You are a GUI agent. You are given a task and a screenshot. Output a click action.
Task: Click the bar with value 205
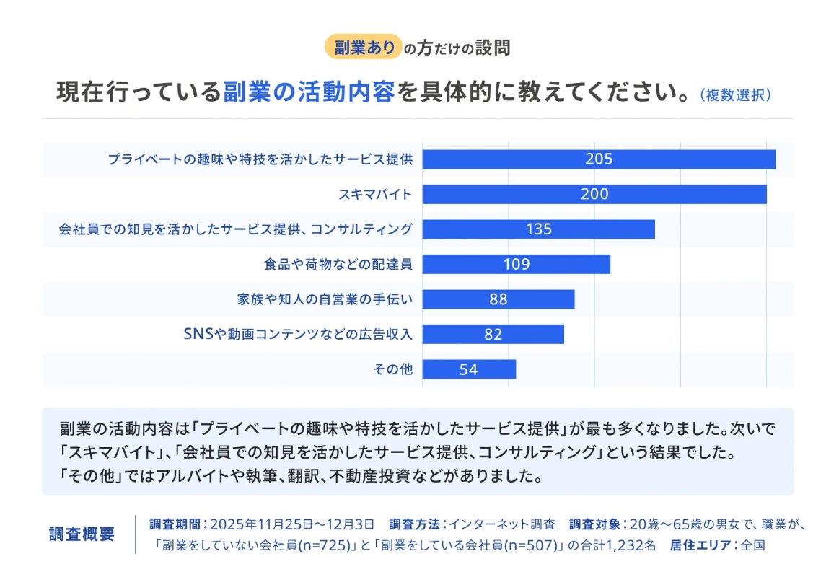[598, 159]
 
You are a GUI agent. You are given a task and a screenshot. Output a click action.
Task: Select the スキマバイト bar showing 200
[594, 194]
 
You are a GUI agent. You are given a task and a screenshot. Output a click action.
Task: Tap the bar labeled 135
[538, 229]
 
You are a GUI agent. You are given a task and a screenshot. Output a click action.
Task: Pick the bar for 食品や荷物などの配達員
[516, 264]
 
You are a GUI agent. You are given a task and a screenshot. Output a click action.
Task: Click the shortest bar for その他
[468, 369]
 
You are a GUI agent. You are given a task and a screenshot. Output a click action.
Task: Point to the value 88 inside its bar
[498, 299]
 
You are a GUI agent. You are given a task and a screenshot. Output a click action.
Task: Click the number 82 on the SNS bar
[493, 335]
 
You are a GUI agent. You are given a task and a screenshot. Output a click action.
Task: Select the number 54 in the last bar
[468, 369]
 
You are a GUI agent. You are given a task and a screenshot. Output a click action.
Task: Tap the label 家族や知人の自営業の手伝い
[324, 299]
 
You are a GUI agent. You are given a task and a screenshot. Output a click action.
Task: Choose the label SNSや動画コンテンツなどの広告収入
[298, 335]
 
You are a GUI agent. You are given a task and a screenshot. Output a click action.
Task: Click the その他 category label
[392, 369]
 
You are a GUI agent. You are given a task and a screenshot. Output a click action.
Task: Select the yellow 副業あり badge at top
[363, 48]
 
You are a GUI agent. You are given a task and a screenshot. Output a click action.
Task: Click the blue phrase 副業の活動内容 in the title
[309, 92]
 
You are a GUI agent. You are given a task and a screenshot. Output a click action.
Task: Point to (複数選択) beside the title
[735, 95]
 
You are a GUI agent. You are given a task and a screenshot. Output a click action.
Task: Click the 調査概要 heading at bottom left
[82, 534]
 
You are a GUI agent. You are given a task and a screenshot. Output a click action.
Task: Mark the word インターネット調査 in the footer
[502, 524]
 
